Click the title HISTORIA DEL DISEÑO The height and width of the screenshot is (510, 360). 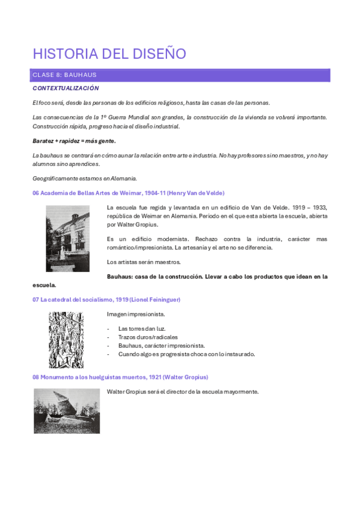(x=109, y=54)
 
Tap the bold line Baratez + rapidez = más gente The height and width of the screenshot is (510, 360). (x=74, y=141)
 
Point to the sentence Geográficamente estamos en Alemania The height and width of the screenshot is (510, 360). (x=85, y=178)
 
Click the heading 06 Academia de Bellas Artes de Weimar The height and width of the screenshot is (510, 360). (x=128, y=192)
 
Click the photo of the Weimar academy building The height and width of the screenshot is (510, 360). (x=67, y=238)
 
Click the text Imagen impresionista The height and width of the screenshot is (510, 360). (x=136, y=314)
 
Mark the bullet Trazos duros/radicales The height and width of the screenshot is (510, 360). (x=148, y=337)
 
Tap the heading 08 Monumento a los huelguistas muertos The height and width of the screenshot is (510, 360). (x=120, y=377)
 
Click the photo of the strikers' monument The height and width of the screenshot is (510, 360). (x=67, y=410)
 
